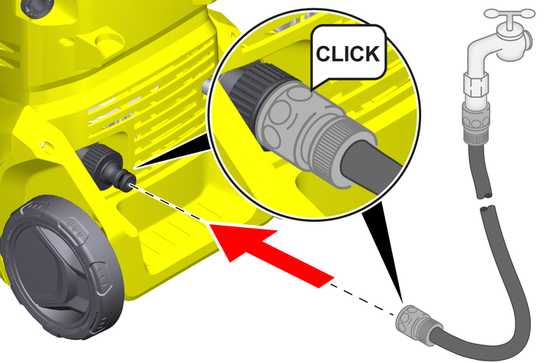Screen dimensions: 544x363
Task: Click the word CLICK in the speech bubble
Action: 348,54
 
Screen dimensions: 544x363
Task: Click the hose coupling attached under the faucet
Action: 475,124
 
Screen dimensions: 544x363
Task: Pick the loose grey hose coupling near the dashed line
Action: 417,325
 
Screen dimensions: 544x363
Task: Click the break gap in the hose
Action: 486,203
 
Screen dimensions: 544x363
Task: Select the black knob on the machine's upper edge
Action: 36,8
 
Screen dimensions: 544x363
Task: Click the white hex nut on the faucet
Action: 475,86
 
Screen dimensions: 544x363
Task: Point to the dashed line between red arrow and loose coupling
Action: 363,300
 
